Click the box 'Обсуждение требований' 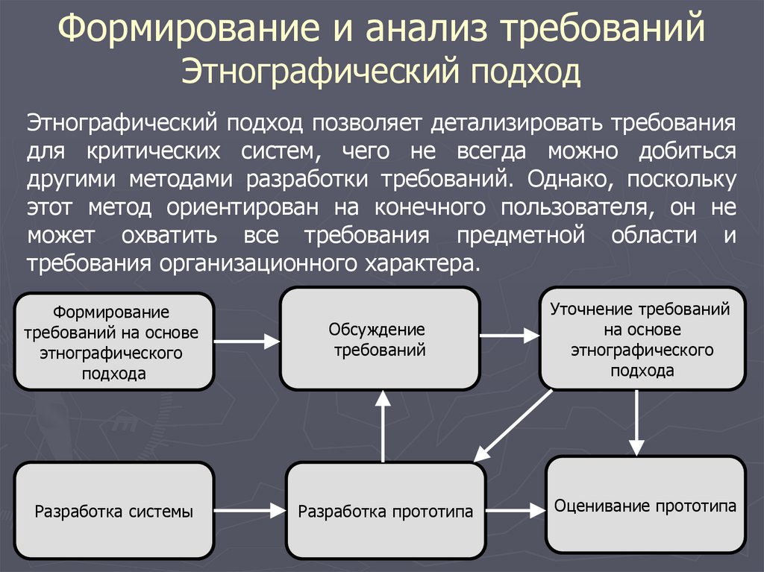coord(379,339)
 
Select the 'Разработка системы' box coord(114,512)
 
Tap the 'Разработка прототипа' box coord(385,512)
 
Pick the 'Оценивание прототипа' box coord(645,505)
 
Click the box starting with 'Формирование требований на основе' coord(114,342)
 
